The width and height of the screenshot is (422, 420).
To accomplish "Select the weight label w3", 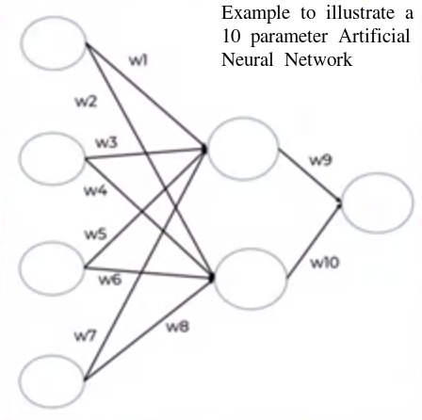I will [x=106, y=142].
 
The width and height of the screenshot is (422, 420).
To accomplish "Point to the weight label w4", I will [x=94, y=191].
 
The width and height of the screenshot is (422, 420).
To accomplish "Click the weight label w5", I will [x=95, y=234].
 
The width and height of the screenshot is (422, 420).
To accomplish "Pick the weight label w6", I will [x=110, y=280].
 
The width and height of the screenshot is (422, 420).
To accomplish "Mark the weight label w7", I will [x=85, y=333].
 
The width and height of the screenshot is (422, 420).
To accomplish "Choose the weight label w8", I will [x=176, y=326].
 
